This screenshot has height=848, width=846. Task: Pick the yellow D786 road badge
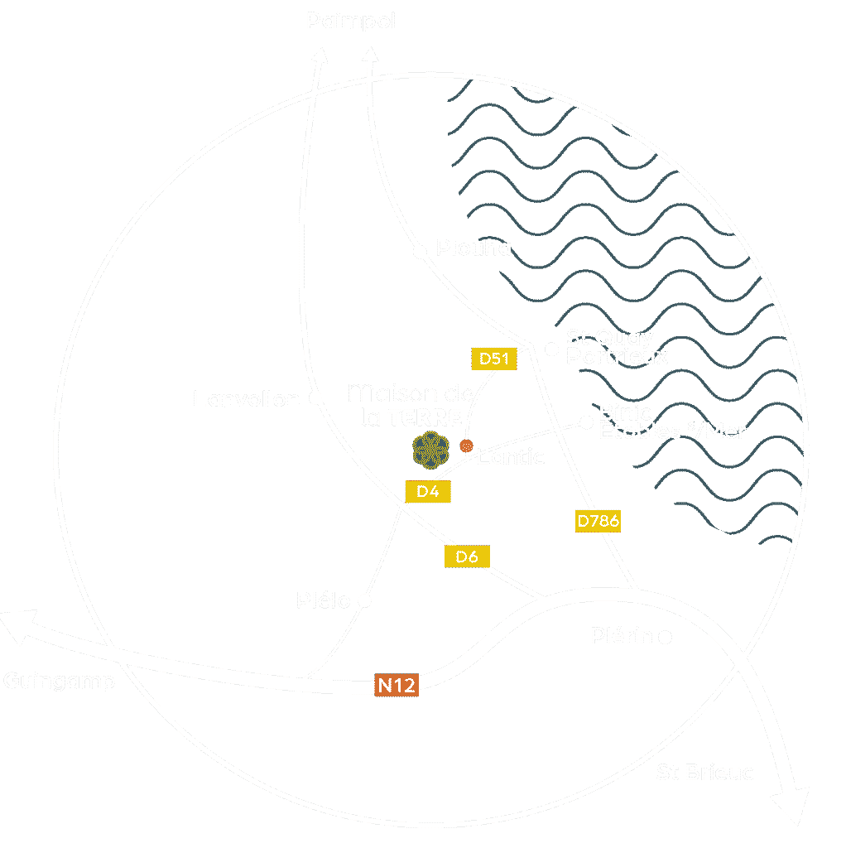(598, 521)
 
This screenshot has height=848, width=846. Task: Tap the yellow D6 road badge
(468, 556)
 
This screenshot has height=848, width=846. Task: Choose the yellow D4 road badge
(427, 491)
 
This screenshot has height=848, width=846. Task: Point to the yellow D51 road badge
(493, 359)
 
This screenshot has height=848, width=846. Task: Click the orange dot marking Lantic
(466, 446)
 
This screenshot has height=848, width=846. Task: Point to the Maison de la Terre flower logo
(431, 450)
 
